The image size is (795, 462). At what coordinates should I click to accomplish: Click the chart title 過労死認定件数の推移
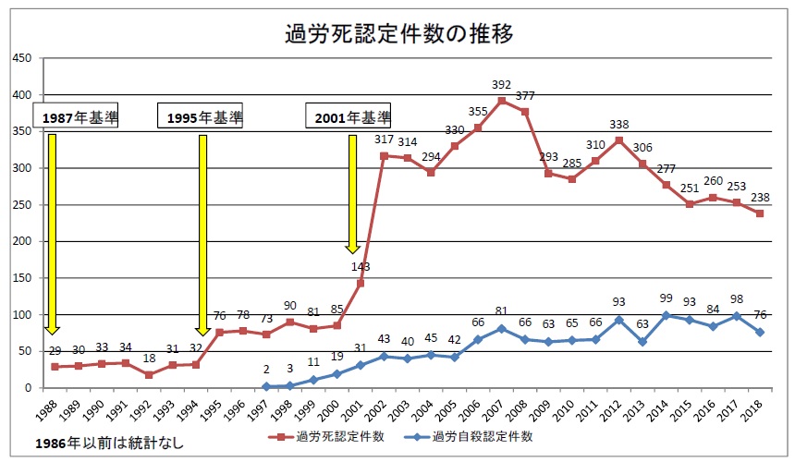click(x=397, y=34)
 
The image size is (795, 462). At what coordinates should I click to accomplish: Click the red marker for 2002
click(x=384, y=156)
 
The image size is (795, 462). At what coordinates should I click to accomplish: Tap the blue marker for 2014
click(x=665, y=315)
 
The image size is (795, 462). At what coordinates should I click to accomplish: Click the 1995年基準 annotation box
click(x=204, y=117)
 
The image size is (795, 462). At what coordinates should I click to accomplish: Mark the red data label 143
click(x=361, y=266)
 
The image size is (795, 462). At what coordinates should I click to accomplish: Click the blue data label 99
click(x=665, y=299)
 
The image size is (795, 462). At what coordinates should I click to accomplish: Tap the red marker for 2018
click(x=760, y=213)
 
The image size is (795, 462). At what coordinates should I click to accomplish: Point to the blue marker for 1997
click(x=266, y=386)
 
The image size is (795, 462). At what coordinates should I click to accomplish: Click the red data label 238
click(x=760, y=197)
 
